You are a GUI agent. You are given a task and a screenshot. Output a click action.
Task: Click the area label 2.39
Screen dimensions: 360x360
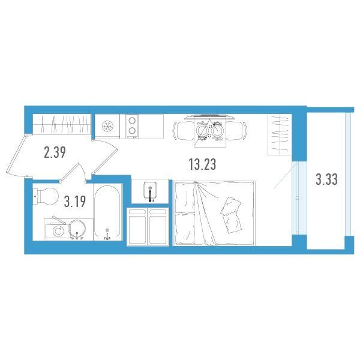pyautogui.click(x=55, y=152)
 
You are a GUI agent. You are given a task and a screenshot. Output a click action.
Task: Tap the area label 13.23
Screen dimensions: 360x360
pyautogui.click(x=202, y=164)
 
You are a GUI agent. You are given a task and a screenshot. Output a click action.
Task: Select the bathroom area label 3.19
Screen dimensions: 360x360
pyautogui.click(x=75, y=202)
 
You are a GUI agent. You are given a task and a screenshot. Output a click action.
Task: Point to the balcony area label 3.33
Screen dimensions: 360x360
pyautogui.click(x=326, y=179)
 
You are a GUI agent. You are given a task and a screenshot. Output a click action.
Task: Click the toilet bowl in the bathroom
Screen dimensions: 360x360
pyautogui.click(x=46, y=196)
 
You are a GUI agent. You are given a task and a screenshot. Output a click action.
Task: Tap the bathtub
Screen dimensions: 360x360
pyautogui.click(x=107, y=211)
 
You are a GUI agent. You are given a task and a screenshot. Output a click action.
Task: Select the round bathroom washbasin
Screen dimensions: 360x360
pyautogui.click(x=77, y=229)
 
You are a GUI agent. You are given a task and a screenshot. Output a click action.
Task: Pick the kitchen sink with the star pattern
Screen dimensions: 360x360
pyautogui.click(x=107, y=126)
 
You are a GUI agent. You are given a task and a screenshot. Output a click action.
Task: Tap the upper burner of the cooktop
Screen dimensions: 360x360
pyautogui.click(x=132, y=121)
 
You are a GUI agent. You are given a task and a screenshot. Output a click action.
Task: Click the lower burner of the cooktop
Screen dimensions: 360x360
pyautogui.click(x=132, y=131)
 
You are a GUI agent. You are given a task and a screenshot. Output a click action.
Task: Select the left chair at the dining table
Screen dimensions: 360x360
pyautogui.click(x=183, y=131)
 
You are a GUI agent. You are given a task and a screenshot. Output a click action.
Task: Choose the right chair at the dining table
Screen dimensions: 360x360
pyautogui.click(x=236, y=131)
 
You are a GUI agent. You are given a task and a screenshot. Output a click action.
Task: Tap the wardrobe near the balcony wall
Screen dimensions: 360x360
pyautogui.click(x=280, y=134)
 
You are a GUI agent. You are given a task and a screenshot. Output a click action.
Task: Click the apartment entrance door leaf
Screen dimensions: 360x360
pyautogui.click(x=16, y=155)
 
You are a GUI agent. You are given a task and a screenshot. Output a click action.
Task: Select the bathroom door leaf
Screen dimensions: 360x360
pyautogui.click(x=70, y=172)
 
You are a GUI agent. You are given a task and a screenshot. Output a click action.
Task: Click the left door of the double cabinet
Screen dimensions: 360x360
pyautogui.click(x=138, y=227)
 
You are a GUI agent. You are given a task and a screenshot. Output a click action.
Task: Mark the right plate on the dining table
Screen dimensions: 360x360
pyautogui.click(x=217, y=131)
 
